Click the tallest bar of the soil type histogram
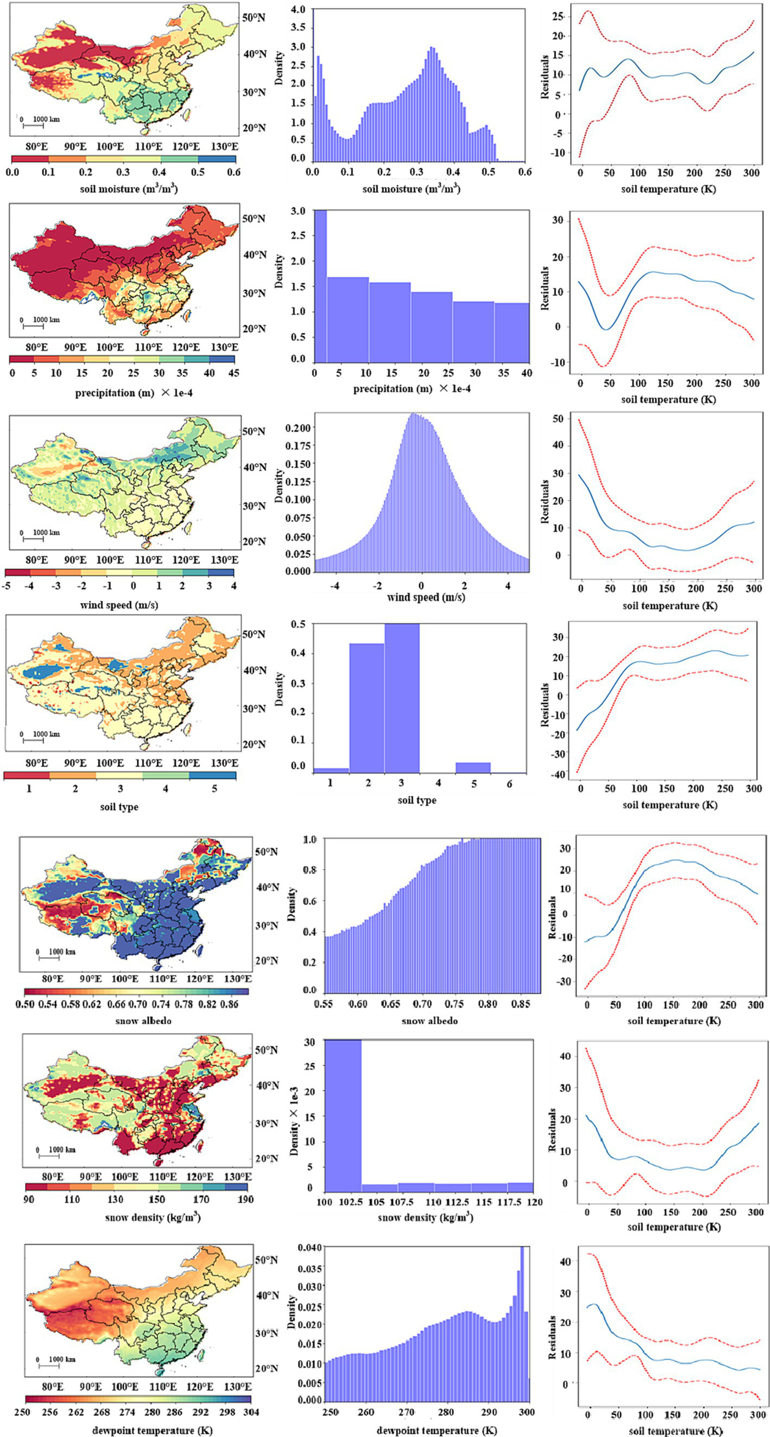[402, 698]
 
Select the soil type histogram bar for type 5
[473, 767]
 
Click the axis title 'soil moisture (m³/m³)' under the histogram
[411, 189]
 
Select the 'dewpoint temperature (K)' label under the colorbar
[152, 1430]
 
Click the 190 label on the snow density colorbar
[246, 1199]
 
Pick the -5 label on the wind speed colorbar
[6, 586]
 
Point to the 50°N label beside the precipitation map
[253, 218]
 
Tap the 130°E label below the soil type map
[224, 763]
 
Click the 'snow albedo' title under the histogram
[429, 1021]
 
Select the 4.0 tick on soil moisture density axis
[298, 10]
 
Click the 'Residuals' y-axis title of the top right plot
[545, 76]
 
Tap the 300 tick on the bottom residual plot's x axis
[758, 1415]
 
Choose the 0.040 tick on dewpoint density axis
[310, 1247]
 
